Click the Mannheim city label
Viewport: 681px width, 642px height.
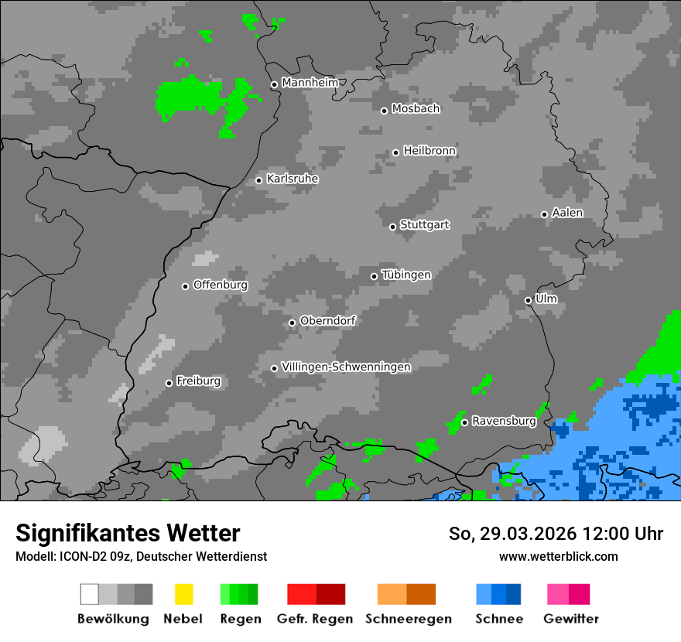[310, 83]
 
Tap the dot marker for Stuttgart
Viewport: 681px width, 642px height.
[392, 227]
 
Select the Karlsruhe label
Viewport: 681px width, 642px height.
[293, 179]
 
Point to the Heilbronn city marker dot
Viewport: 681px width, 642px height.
[395, 152]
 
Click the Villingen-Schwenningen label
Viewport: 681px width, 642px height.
[346, 367]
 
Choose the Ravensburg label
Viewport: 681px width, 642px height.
[504, 422]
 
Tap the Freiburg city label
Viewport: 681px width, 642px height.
[198, 381]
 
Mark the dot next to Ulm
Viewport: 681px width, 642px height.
[528, 300]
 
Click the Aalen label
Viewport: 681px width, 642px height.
[567, 213]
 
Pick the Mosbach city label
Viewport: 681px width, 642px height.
[416, 109]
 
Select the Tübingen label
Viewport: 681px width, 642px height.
[406, 275]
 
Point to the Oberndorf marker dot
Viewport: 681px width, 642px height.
[292, 323]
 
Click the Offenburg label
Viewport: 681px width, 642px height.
[221, 285]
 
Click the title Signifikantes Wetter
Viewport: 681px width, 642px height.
[128, 533]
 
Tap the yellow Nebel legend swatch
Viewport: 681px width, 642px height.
[183, 594]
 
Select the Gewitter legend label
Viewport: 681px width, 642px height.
[571, 619]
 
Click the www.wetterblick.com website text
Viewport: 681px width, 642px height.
[558, 556]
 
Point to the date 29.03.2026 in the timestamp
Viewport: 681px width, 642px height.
[518, 534]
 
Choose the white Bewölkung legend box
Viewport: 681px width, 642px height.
[89, 594]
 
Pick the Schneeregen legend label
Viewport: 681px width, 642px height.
[408, 619]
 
